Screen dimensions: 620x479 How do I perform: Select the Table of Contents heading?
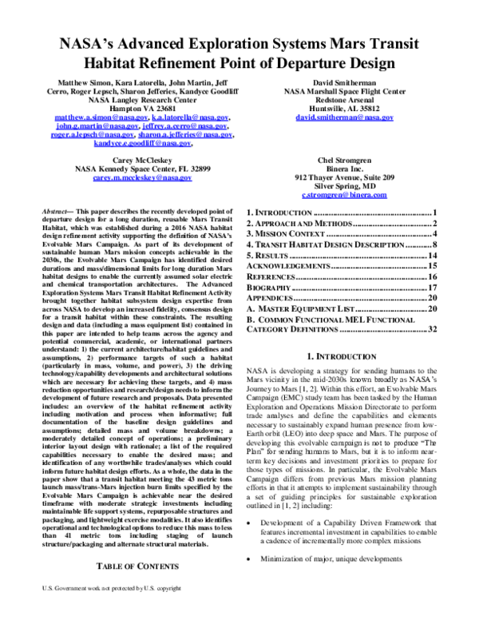[134, 587]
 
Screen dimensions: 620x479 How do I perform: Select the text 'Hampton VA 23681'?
[133, 108]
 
